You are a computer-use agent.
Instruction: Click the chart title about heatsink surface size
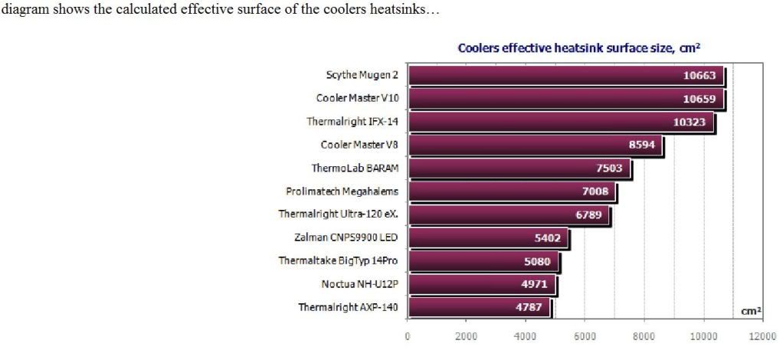(x=579, y=48)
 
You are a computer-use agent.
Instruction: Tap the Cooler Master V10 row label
(x=357, y=98)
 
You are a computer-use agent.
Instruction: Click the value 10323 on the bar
(x=689, y=122)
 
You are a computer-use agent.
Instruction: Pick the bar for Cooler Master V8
(x=521, y=145)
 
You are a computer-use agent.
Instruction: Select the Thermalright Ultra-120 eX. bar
(x=498, y=214)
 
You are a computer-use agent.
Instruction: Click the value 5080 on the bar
(x=536, y=261)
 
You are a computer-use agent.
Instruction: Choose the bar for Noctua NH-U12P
(x=475, y=284)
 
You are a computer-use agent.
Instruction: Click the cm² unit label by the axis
(x=752, y=312)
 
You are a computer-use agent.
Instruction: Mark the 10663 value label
(x=699, y=75)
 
